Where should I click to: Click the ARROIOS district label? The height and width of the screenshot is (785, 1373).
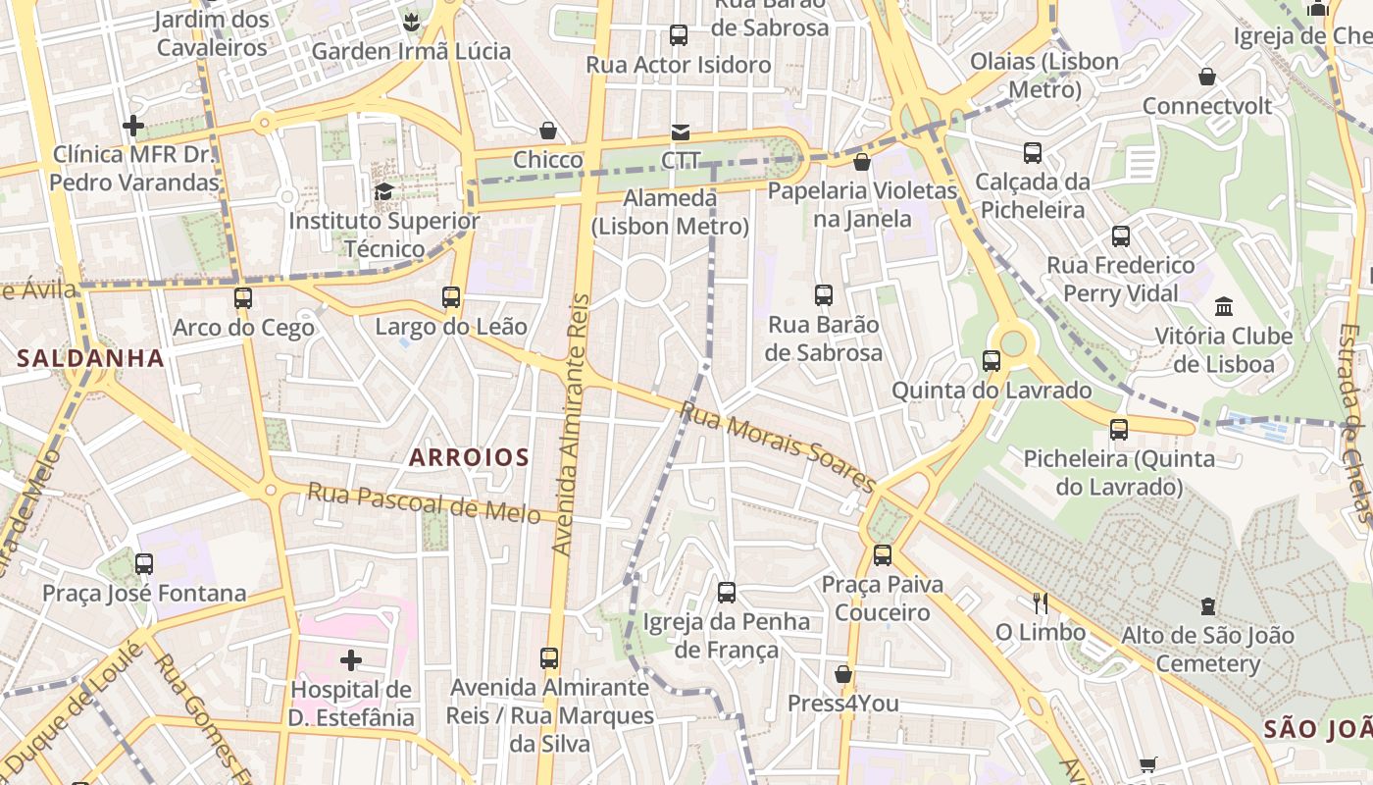[469, 457]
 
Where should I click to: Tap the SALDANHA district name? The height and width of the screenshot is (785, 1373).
[90, 358]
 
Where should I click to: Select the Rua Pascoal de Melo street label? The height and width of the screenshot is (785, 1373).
[424, 503]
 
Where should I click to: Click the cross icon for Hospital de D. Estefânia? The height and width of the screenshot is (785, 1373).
[351, 660]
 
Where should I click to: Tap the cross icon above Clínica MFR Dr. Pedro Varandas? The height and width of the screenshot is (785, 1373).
[133, 126]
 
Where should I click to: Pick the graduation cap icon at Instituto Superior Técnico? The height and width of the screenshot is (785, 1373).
[383, 191]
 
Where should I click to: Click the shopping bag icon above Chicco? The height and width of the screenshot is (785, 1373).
[548, 131]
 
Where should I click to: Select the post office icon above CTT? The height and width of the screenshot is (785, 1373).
[680, 131]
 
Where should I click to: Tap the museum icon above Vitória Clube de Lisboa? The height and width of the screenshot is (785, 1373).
[1223, 307]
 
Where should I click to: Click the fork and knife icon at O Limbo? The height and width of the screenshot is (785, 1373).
[1040, 602]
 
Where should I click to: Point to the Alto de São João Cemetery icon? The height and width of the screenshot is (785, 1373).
[1207, 606]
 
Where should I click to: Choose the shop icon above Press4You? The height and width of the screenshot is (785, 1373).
[842, 674]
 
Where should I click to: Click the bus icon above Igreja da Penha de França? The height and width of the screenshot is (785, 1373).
[726, 592]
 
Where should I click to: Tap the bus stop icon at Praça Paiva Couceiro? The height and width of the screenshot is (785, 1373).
[882, 555]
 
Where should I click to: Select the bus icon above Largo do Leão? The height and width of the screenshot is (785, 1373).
[450, 296]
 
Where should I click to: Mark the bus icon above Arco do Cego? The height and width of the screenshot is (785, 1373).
[242, 297]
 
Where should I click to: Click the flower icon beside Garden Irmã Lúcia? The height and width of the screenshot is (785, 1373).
[411, 22]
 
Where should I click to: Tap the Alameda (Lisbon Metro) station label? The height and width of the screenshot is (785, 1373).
[671, 212]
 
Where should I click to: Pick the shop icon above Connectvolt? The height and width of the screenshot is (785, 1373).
[1207, 77]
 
